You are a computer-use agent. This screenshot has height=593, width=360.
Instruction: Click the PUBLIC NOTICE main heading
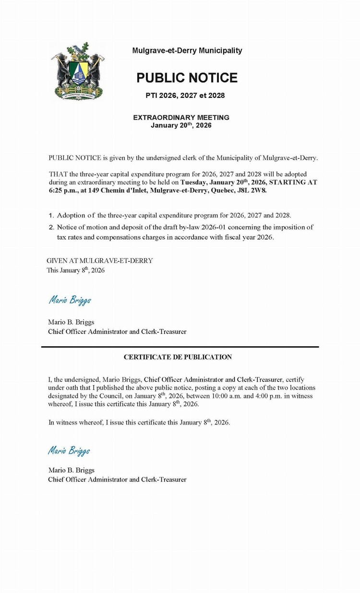(x=187, y=78)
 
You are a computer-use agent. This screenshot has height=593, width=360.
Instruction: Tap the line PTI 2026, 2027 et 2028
(x=185, y=96)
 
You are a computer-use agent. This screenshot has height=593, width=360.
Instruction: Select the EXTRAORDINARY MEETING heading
(x=181, y=117)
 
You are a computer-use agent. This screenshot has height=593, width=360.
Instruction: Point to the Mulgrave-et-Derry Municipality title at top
(x=187, y=50)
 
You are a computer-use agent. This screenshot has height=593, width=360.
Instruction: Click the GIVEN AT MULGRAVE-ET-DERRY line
(x=100, y=261)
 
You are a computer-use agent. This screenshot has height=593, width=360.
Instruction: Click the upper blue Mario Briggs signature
(x=70, y=301)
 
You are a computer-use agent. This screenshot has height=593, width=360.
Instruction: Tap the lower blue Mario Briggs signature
(x=69, y=450)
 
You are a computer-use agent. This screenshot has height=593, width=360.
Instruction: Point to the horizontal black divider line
(x=180, y=347)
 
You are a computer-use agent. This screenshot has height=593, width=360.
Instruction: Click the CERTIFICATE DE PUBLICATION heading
(x=178, y=357)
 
